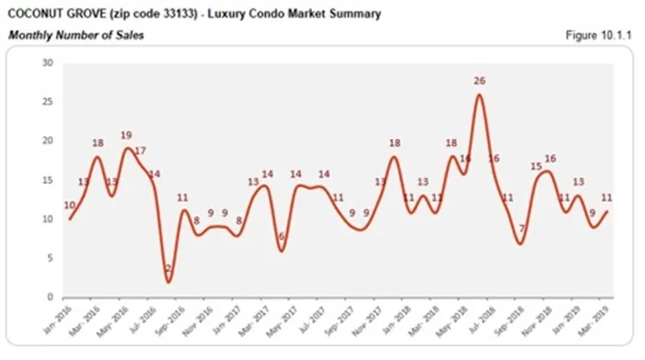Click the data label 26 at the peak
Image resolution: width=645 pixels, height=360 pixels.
[478, 81]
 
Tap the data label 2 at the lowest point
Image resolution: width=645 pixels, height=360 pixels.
[168, 269]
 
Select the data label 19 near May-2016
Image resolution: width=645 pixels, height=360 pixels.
[126, 135]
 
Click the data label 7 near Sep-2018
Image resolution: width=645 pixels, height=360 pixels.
[521, 228]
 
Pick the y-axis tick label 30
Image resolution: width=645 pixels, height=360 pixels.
[48, 63]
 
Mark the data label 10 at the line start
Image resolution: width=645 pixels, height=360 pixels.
[69, 205]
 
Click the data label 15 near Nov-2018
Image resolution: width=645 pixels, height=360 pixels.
[536, 166]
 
